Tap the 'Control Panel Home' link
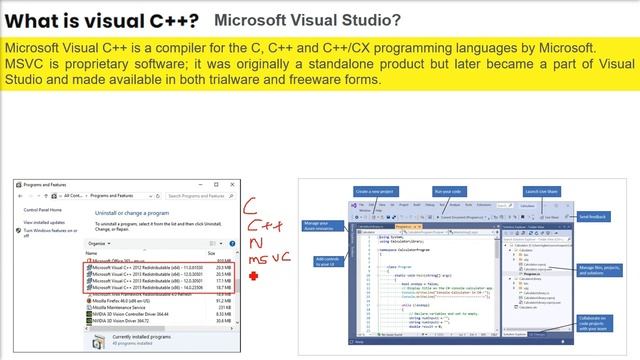pos(43,209)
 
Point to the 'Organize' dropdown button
pos(99,243)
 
